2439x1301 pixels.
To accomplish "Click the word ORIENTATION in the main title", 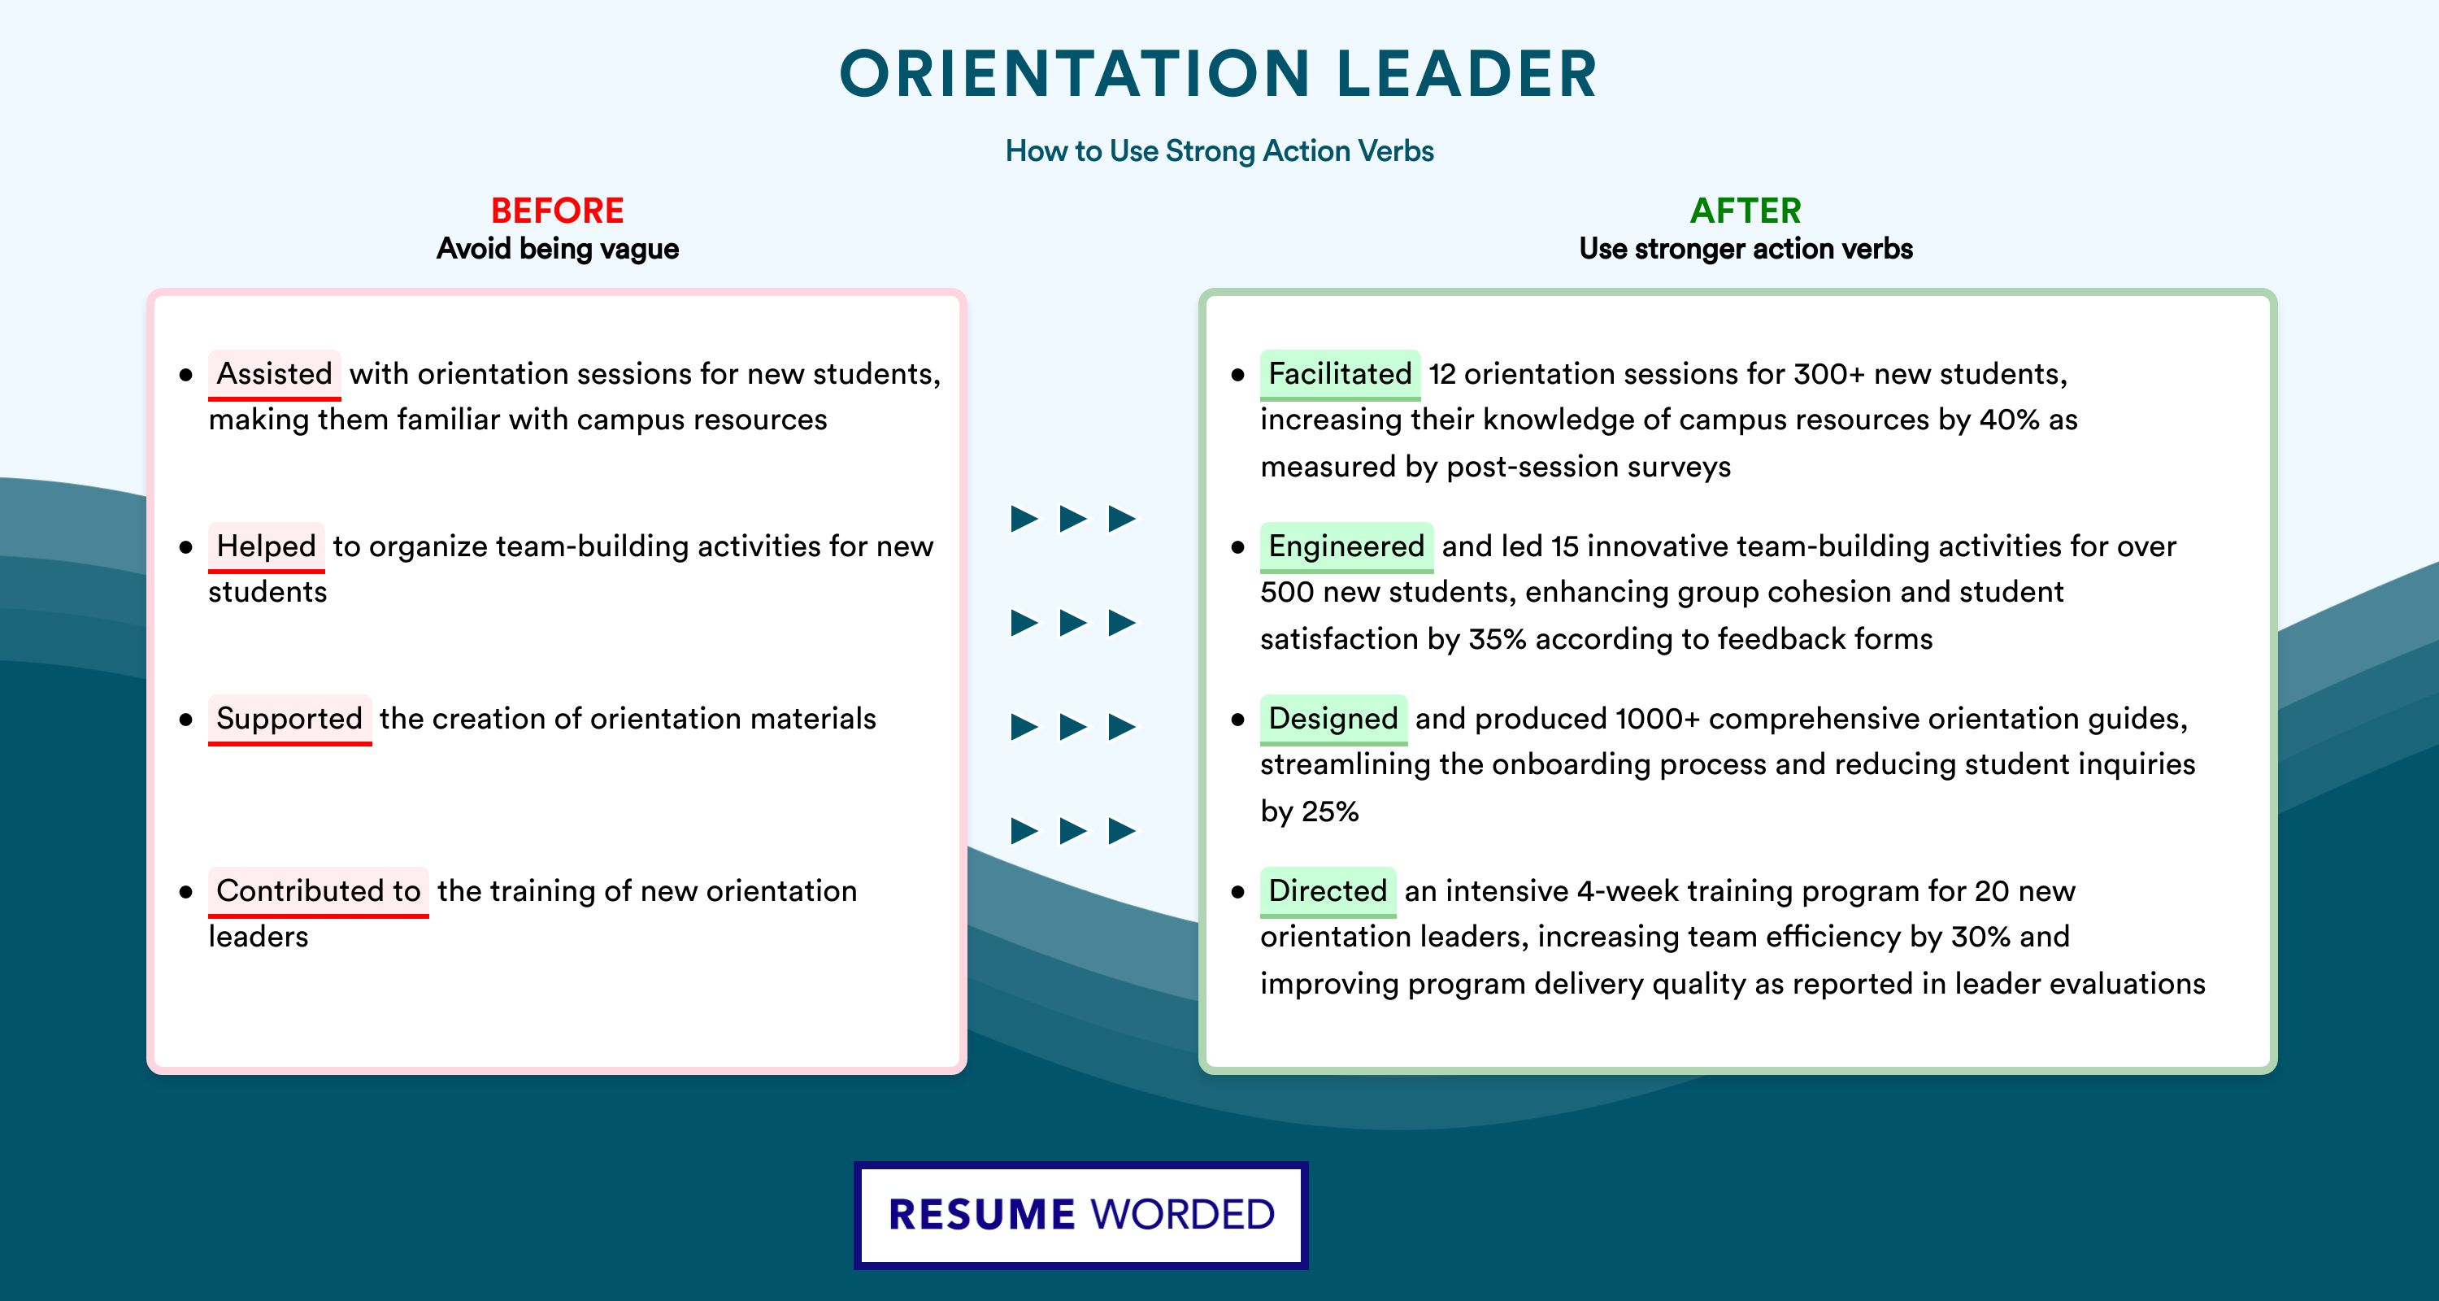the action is click(x=1075, y=74).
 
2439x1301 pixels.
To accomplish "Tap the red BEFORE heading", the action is click(x=558, y=211).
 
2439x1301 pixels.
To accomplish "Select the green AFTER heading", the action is click(x=1746, y=211).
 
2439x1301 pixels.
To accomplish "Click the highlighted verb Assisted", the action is click(x=275, y=374).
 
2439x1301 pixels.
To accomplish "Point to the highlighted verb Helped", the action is click(x=266, y=546).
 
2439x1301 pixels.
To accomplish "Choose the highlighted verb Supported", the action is click(x=289, y=719).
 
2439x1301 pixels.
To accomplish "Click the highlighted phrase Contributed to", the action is click(x=318, y=891).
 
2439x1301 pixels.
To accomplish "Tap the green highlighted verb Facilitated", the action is click(x=1340, y=374).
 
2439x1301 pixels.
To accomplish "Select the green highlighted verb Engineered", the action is click(x=1346, y=546).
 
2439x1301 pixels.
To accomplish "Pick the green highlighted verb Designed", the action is click(x=1333, y=719).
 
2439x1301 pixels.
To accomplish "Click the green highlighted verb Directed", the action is click(x=1328, y=891).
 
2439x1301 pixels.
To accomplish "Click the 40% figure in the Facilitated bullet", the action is click(x=2009, y=420).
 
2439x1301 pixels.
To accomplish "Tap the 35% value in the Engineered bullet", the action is click(x=1497, y=639).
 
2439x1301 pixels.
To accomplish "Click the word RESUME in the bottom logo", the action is click(x=982, y=1215).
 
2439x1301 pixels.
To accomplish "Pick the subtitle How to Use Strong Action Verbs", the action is click(x=1219, y=150).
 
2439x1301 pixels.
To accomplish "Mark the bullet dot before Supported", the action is click(x=185, y=720).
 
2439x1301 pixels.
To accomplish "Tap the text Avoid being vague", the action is click(x=558, y=249).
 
